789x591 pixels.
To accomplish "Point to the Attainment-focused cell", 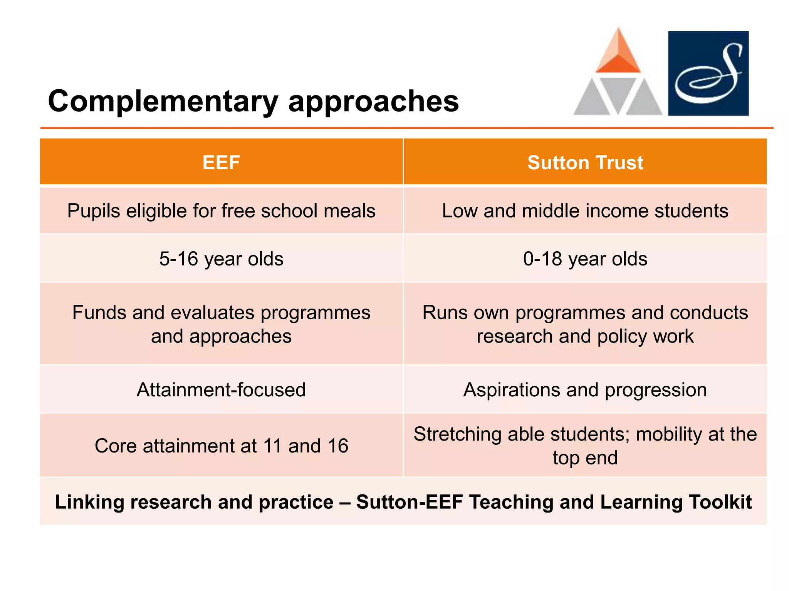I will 221,390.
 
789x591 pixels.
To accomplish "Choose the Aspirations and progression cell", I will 585,390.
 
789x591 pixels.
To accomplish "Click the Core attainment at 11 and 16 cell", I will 221,446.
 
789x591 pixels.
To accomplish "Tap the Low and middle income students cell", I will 585,211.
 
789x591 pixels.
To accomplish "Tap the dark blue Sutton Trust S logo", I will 708,73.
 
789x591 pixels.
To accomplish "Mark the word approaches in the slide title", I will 373,102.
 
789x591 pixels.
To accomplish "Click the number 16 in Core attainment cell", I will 338,446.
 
